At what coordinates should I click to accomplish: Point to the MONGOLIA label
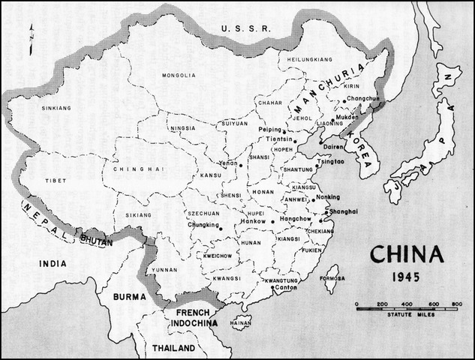click(x=178, y=75)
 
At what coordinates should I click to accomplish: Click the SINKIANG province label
click(x=57, y=108)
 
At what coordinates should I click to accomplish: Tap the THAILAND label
click(x=174, y=349)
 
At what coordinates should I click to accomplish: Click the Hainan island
click(x=241, y=322)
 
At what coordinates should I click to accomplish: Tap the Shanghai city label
click(x=342, y=212)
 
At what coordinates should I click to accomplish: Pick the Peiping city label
click(x=269, y=130)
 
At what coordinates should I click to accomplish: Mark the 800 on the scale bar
click(x=455, y=303)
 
